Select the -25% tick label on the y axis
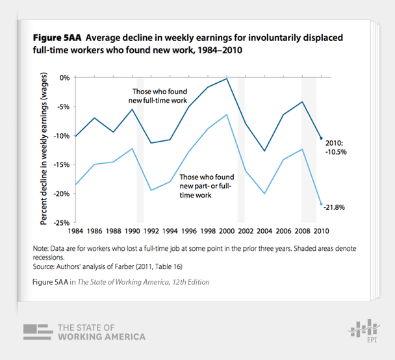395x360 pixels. pos(63,223)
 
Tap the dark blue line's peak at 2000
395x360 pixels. pos(226,79)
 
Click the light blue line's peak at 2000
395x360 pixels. pos(226,114)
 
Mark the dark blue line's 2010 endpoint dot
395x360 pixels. pos(321,138)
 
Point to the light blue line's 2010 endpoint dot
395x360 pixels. pos(321,204)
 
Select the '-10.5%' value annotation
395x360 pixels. pos(337,151)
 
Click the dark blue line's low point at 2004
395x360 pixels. pos(264,151)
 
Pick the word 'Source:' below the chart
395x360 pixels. pos(44,266)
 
